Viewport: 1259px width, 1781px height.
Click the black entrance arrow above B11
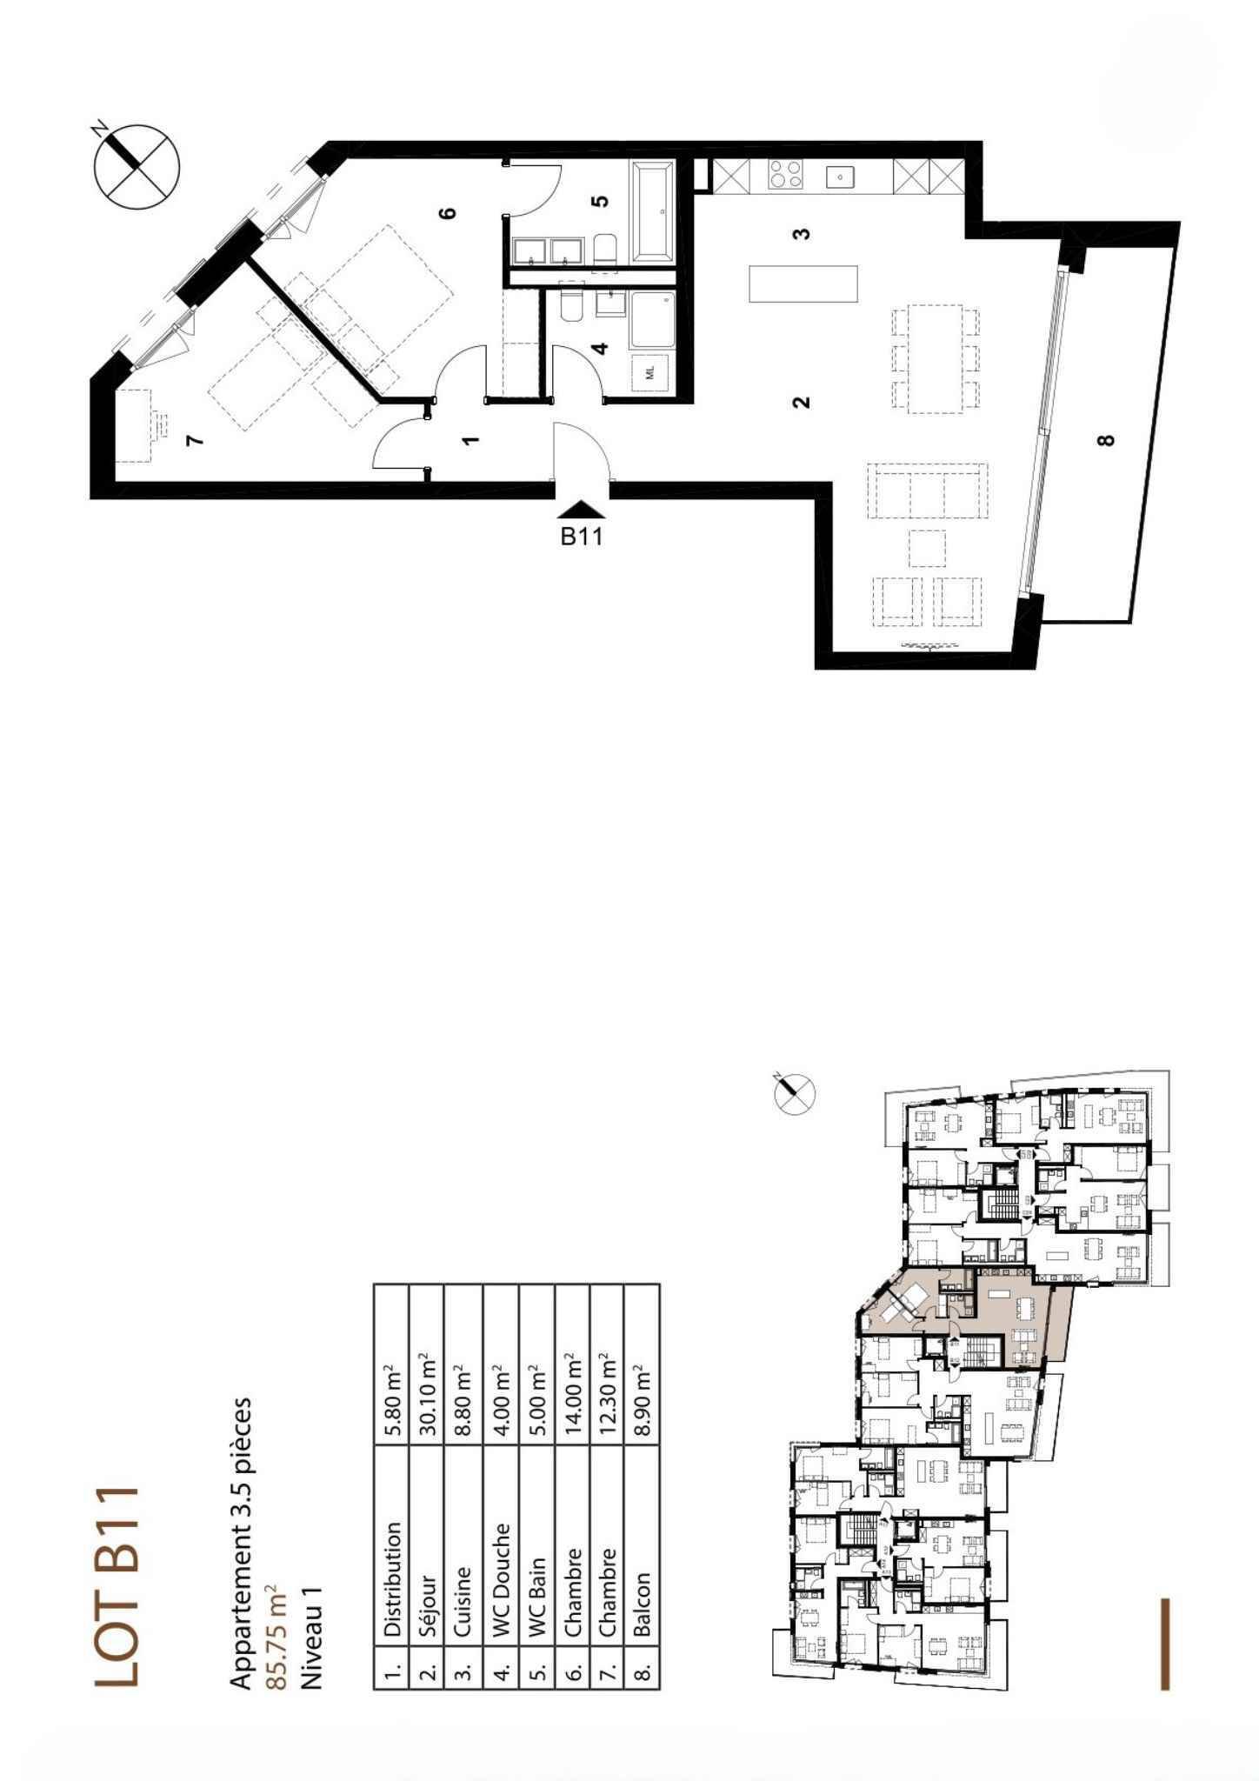point(581,510)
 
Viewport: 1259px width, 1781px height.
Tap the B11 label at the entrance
point(581,536)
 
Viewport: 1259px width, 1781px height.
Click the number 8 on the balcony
point(1105,439)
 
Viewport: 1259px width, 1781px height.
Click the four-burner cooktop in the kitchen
point(786,175)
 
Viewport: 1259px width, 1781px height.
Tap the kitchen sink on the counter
point(841,177)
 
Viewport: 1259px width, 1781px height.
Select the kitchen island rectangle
point(803,283)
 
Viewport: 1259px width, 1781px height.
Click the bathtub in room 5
point(654,211)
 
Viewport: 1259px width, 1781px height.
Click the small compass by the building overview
point(795,1092)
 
